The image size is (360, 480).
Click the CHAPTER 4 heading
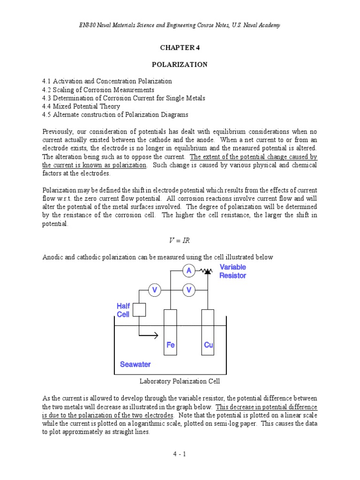[x=180, y=48]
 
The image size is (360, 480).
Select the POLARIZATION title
[x=180, y=65]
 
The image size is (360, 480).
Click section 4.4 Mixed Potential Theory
[x=81, y=106]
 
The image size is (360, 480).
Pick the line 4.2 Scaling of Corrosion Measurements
[x=98, y=90]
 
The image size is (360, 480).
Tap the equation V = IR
[x=180, y=240]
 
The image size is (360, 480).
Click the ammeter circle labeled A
[x=189, y=270]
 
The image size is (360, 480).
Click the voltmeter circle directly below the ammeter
[x=189, y=291]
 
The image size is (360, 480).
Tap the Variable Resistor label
[x=233, y=271]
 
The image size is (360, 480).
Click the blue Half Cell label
[x=124, y=310]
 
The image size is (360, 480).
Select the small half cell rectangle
[x=139, y=310]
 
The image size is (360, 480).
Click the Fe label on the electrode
[x=171, y=345]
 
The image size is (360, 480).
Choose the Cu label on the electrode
[x=209, y=345]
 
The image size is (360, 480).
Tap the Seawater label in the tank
[x=135, y=364]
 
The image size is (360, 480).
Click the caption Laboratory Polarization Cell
[x=180, y=381]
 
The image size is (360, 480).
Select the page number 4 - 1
[x=180, y=454]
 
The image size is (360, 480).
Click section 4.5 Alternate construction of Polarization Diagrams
[x=115, y=115]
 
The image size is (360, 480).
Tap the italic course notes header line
[x=180, y=25]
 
